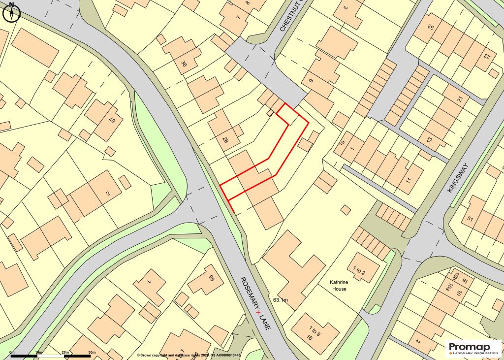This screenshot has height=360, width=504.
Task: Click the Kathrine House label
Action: click(338, 286)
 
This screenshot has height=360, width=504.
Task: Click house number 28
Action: click(225, 140)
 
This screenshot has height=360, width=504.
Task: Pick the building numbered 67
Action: click(112, 119)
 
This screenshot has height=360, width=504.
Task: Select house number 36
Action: click(184, 64)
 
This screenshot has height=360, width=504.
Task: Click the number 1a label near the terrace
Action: click(342, 143)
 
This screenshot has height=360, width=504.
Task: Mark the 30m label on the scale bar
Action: click(92, 353)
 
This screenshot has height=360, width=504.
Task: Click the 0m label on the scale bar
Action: click(12, 353)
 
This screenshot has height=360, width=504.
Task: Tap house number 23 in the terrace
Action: click(486, 56)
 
